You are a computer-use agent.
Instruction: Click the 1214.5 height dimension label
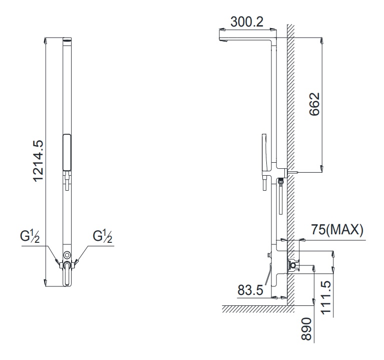point(39,161)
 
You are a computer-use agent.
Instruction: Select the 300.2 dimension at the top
point(247,22)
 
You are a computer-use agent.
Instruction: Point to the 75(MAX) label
point(337,230)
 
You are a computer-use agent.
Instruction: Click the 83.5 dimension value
point(250,290)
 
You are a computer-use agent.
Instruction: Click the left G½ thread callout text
point(30,236)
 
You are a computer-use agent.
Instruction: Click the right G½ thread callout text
point(103,236)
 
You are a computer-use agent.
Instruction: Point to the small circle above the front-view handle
point(67,253)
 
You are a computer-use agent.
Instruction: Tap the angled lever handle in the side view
point(268,276)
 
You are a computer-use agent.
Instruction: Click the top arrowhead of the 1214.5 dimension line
point(46,40)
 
